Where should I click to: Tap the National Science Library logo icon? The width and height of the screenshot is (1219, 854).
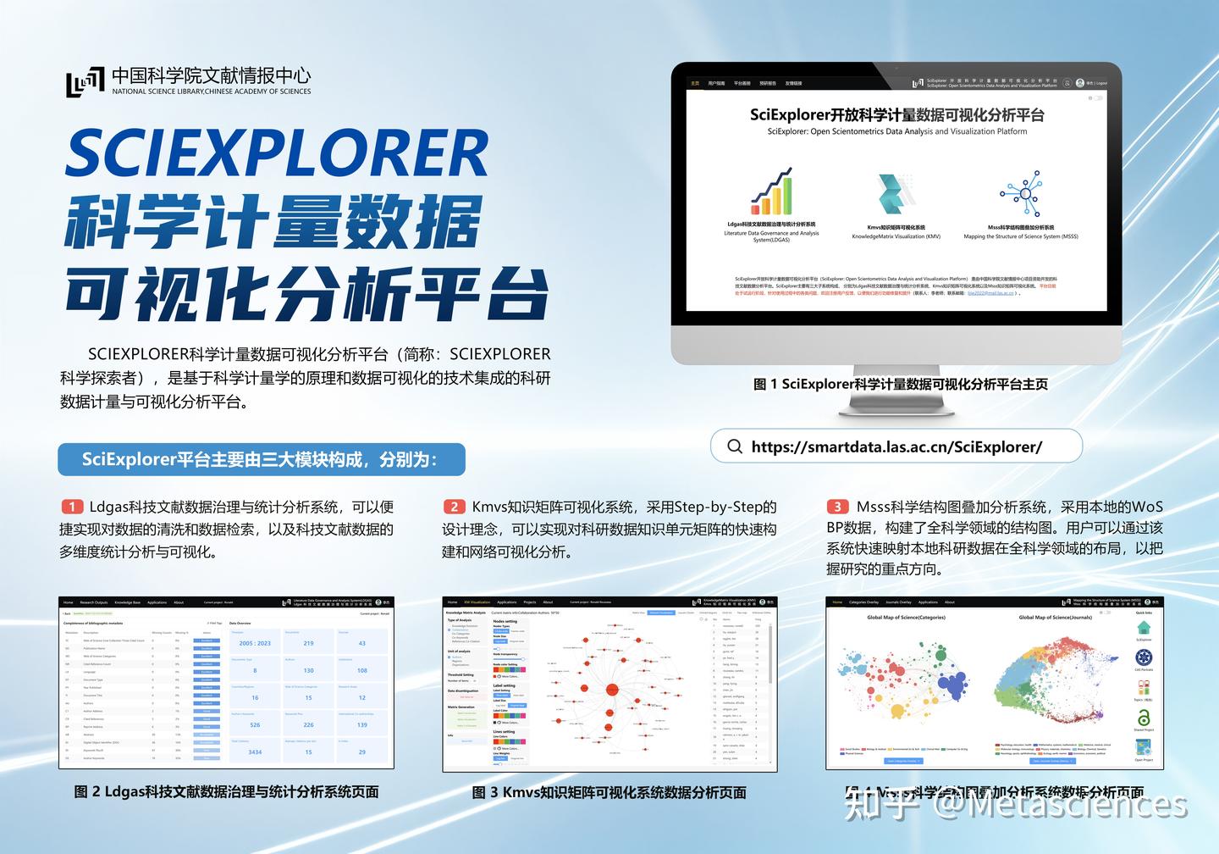[x=85, y=82]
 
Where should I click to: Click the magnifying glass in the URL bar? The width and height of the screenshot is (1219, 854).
[x=735, y=446]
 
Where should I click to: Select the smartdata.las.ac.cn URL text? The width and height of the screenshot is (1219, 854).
[x=896, y=446]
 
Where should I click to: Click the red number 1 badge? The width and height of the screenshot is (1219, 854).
[x=72, y=507]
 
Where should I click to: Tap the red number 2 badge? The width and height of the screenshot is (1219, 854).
[x=455, y=507]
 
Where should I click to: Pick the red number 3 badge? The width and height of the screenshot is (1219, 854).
[x=837, y=507]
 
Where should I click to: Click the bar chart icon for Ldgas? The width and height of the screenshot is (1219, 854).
[x=771, y=192]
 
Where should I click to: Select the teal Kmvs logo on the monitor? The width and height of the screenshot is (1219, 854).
[x=896, y=194]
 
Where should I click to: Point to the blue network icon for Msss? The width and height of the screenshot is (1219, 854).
[x=1022, y=194]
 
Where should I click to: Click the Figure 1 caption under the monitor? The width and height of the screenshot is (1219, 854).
[x=901, y=384]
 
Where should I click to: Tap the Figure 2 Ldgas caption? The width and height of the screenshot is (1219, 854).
[x=226, y=792]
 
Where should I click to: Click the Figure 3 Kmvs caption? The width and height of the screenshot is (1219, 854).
[x=609, y=793]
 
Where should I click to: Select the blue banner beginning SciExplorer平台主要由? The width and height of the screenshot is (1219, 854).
[x=262, y=459]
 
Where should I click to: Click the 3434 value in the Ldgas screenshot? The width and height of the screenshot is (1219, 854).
[x=255, y=751]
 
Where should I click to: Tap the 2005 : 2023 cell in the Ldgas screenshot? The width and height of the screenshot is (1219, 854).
[x=255, y=643]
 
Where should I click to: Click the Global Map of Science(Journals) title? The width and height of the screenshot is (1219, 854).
[x=1055, y=618]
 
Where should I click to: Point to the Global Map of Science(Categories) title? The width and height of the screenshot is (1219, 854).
[x=906, y=618]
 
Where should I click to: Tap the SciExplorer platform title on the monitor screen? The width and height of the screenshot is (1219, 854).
[x=896, y=115]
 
